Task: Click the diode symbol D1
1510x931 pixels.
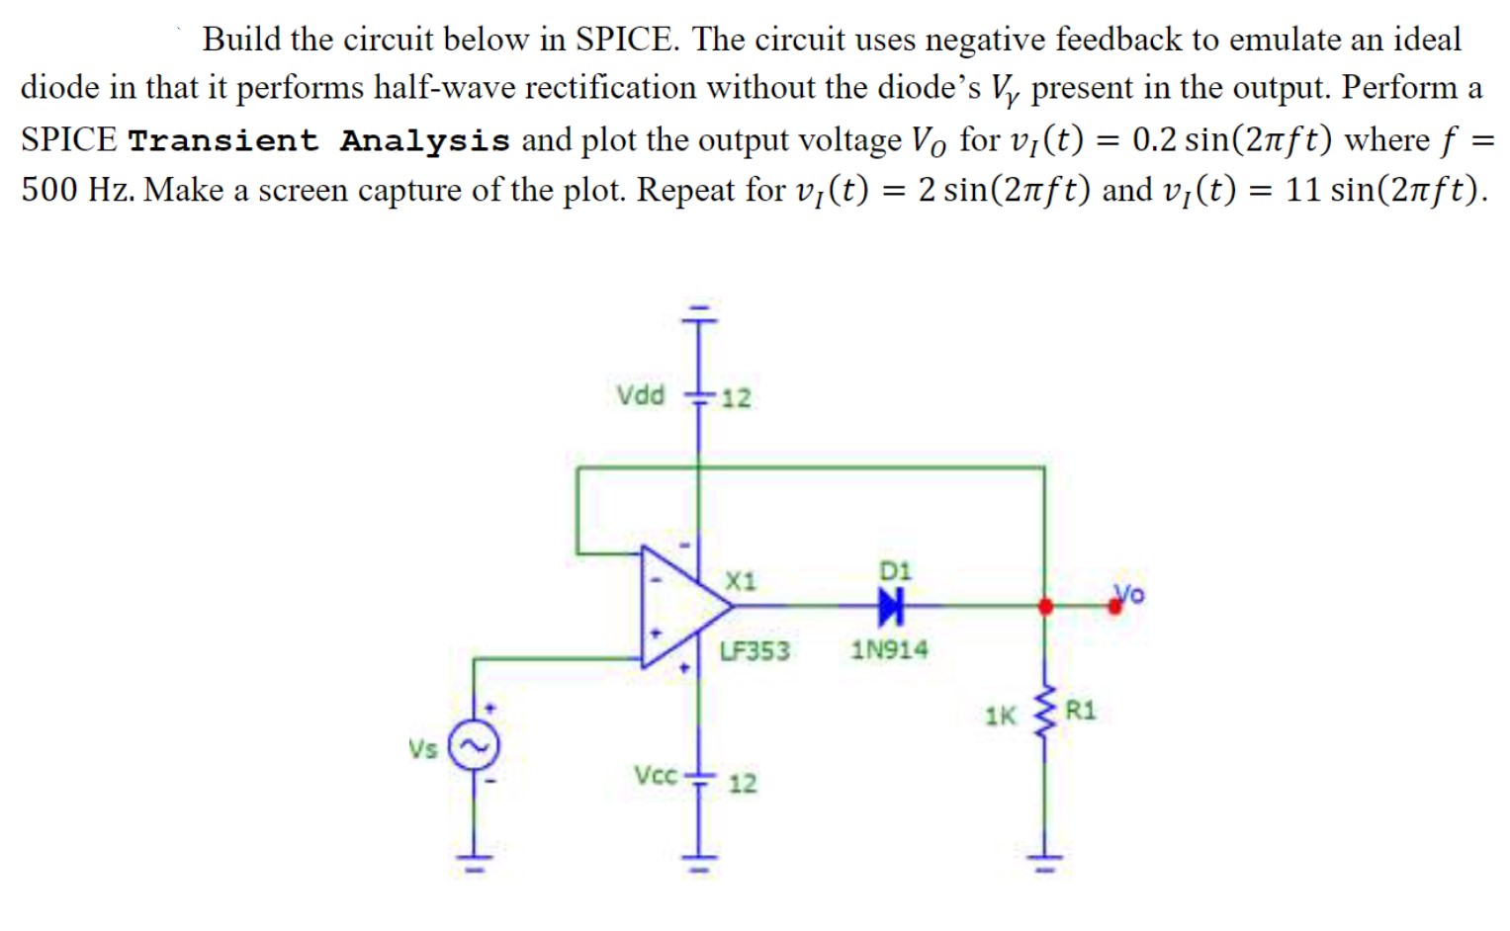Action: tap(891, 606)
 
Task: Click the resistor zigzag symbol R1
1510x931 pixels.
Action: tap(1043, 713)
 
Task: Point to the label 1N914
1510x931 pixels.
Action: tap(889, 649)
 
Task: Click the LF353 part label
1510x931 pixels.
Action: tap(755, 650)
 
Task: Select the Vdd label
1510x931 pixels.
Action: tap(641, 395)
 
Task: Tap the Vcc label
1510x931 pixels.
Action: tap(656, 775)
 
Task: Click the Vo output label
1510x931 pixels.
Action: tap(1130, 593)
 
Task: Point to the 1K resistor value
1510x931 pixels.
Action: tap(1000, 716)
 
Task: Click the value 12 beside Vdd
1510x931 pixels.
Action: tap(735, 398)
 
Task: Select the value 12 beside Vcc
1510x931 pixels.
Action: tap(742, 784)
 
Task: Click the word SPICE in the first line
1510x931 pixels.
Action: tap(626, 40)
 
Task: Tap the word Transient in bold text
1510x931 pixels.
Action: tap(223, 140)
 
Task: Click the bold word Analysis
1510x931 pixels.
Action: tap(424, 140)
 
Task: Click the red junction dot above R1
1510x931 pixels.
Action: tap(1044, 606)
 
